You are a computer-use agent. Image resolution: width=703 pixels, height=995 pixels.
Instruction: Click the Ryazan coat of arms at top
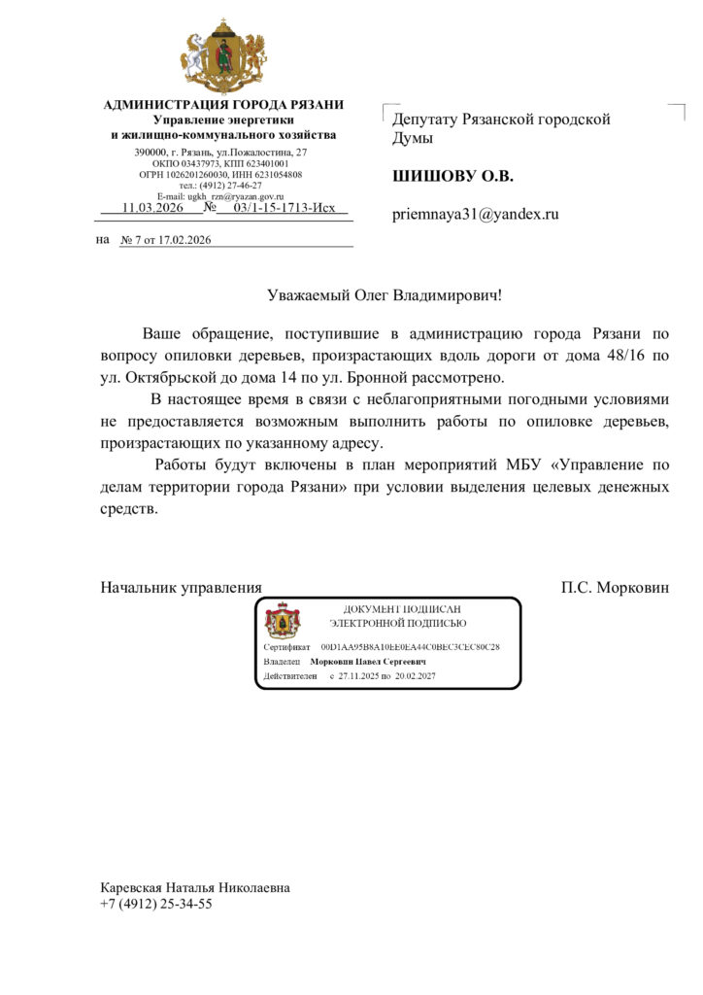[x=223, y=56]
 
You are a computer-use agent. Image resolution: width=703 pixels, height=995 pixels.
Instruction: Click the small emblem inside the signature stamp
[x=283, y=620]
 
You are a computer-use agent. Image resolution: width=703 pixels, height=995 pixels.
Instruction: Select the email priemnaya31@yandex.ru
[x=476, y=214]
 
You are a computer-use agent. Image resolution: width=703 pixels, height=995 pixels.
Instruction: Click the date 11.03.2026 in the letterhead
[x=152, y=208]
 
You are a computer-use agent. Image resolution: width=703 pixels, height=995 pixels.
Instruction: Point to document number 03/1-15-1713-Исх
[x=285, y=208]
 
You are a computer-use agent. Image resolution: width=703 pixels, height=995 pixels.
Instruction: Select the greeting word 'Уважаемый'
[x=309, y=293]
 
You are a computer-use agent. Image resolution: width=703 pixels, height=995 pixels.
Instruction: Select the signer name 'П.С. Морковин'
[x=615, y=588]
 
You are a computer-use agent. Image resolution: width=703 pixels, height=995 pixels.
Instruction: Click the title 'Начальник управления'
[x=182, y=588]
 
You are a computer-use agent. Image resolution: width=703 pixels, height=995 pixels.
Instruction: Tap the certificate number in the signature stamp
[x=410, y=646]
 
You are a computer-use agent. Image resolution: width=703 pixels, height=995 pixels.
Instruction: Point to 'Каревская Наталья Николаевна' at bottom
[x=195, y=888]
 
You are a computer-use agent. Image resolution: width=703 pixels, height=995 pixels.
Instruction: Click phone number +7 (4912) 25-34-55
[x=156, y=904]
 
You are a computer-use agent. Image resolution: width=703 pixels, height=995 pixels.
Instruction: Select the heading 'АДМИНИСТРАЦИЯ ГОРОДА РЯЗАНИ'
[x=223, y=105]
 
